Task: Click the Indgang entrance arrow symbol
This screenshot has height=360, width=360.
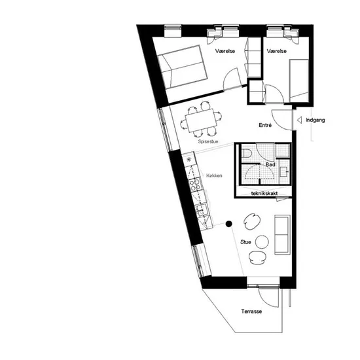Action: point(299,120)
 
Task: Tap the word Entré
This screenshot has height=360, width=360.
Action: point(265,125)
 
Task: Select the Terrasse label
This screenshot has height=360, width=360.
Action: point(251,312)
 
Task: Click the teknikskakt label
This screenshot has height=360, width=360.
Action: point(264,193)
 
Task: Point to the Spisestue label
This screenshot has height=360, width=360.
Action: point(208,141)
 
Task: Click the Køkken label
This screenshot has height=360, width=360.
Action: point(214,175)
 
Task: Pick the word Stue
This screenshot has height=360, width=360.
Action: point(245,242)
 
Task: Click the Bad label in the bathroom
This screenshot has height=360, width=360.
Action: point(270,164)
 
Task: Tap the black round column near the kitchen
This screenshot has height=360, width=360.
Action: point(228,224)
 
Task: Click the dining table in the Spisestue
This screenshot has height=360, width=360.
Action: point(201,120)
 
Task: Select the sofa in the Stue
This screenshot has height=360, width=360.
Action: point(282,234)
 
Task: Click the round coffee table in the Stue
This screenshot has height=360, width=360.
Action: point(262,242)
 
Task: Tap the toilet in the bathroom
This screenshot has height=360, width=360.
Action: point(246,153)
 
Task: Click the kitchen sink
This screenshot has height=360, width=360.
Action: point(202,210)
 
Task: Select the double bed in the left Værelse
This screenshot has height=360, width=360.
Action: point(183,67)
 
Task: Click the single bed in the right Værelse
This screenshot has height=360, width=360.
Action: point(299,81)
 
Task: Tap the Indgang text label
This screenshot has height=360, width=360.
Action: point(315,120)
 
